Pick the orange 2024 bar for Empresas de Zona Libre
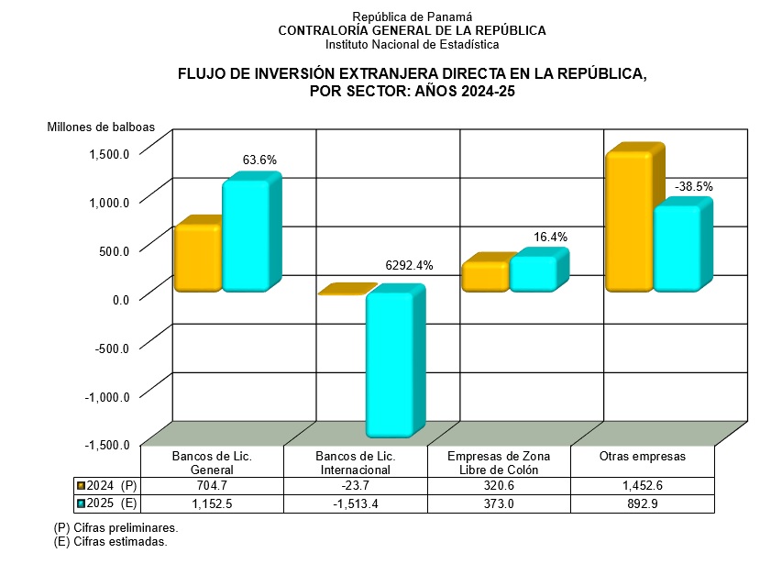pos(485,277)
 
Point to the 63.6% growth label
pos(259,160)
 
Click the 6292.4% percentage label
pos(408,266)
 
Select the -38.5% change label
pos(694,187)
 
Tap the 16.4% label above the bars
pos(550,237)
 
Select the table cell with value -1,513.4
pos(356,503)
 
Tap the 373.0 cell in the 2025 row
pos(499,503)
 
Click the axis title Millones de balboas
pos(101,127)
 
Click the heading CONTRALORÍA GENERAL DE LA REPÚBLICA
pos(412,30)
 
